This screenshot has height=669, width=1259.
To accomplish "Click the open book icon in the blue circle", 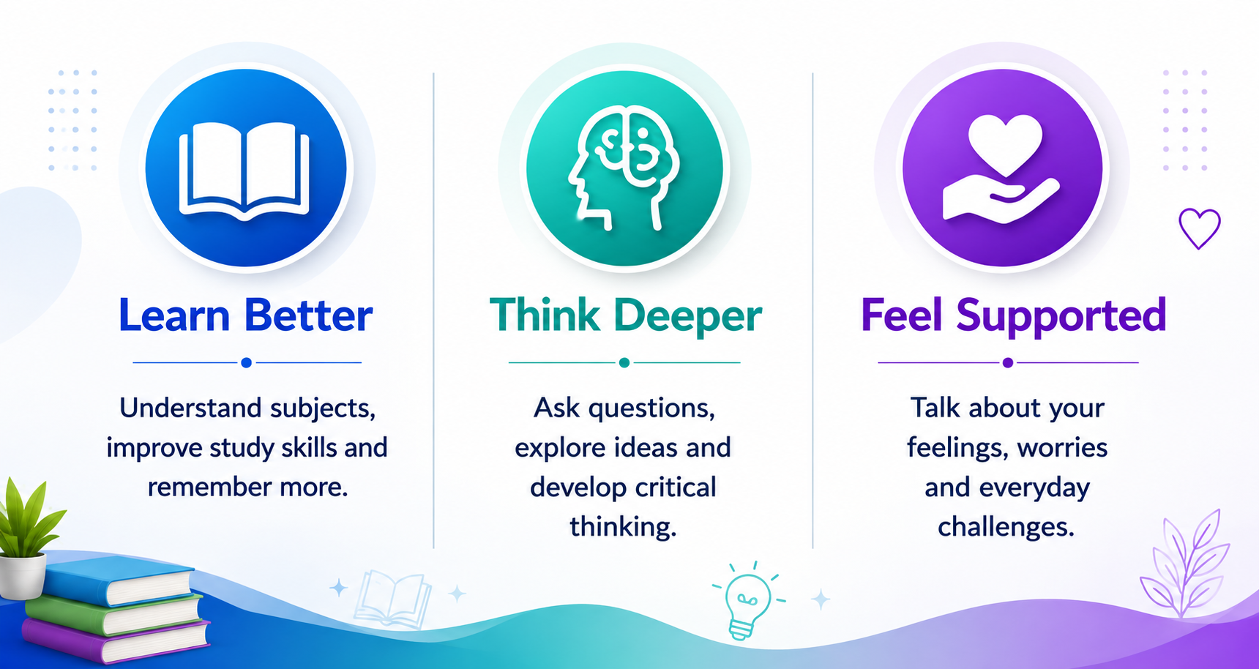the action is pyautogui.click(x=244, y=171).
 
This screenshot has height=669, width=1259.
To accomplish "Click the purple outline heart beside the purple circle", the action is pyautogui.click(x=1200, y=228).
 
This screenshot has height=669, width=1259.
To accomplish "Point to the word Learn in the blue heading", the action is pyautogui.click(x=174, y=315).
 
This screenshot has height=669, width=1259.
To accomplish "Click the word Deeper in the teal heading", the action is pyautogui.click(x=687, y=317).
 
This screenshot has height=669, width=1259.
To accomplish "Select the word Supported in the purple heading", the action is pyautogui.click(x=1061, y=317).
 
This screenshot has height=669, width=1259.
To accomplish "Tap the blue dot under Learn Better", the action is pyautogui.click(x=247, y=362).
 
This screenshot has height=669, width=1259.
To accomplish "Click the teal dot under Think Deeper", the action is pyautogui.click(x=624, y=362).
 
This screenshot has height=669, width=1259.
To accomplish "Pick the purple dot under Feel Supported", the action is pyautogui.click(x=1008, y=362).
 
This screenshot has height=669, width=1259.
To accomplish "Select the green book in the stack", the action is pyautogui.click(x=113, y=613).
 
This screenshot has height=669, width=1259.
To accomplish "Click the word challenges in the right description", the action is pyautogui.click(x=1006, y=527).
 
